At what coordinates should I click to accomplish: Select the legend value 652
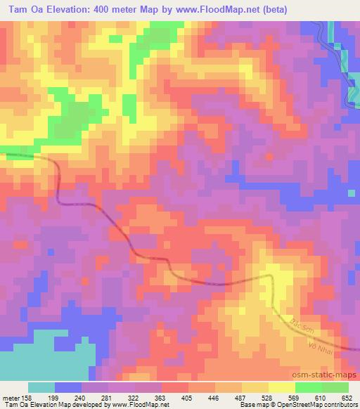coord(347,397)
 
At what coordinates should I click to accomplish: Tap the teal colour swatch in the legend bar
coord(41,387)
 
